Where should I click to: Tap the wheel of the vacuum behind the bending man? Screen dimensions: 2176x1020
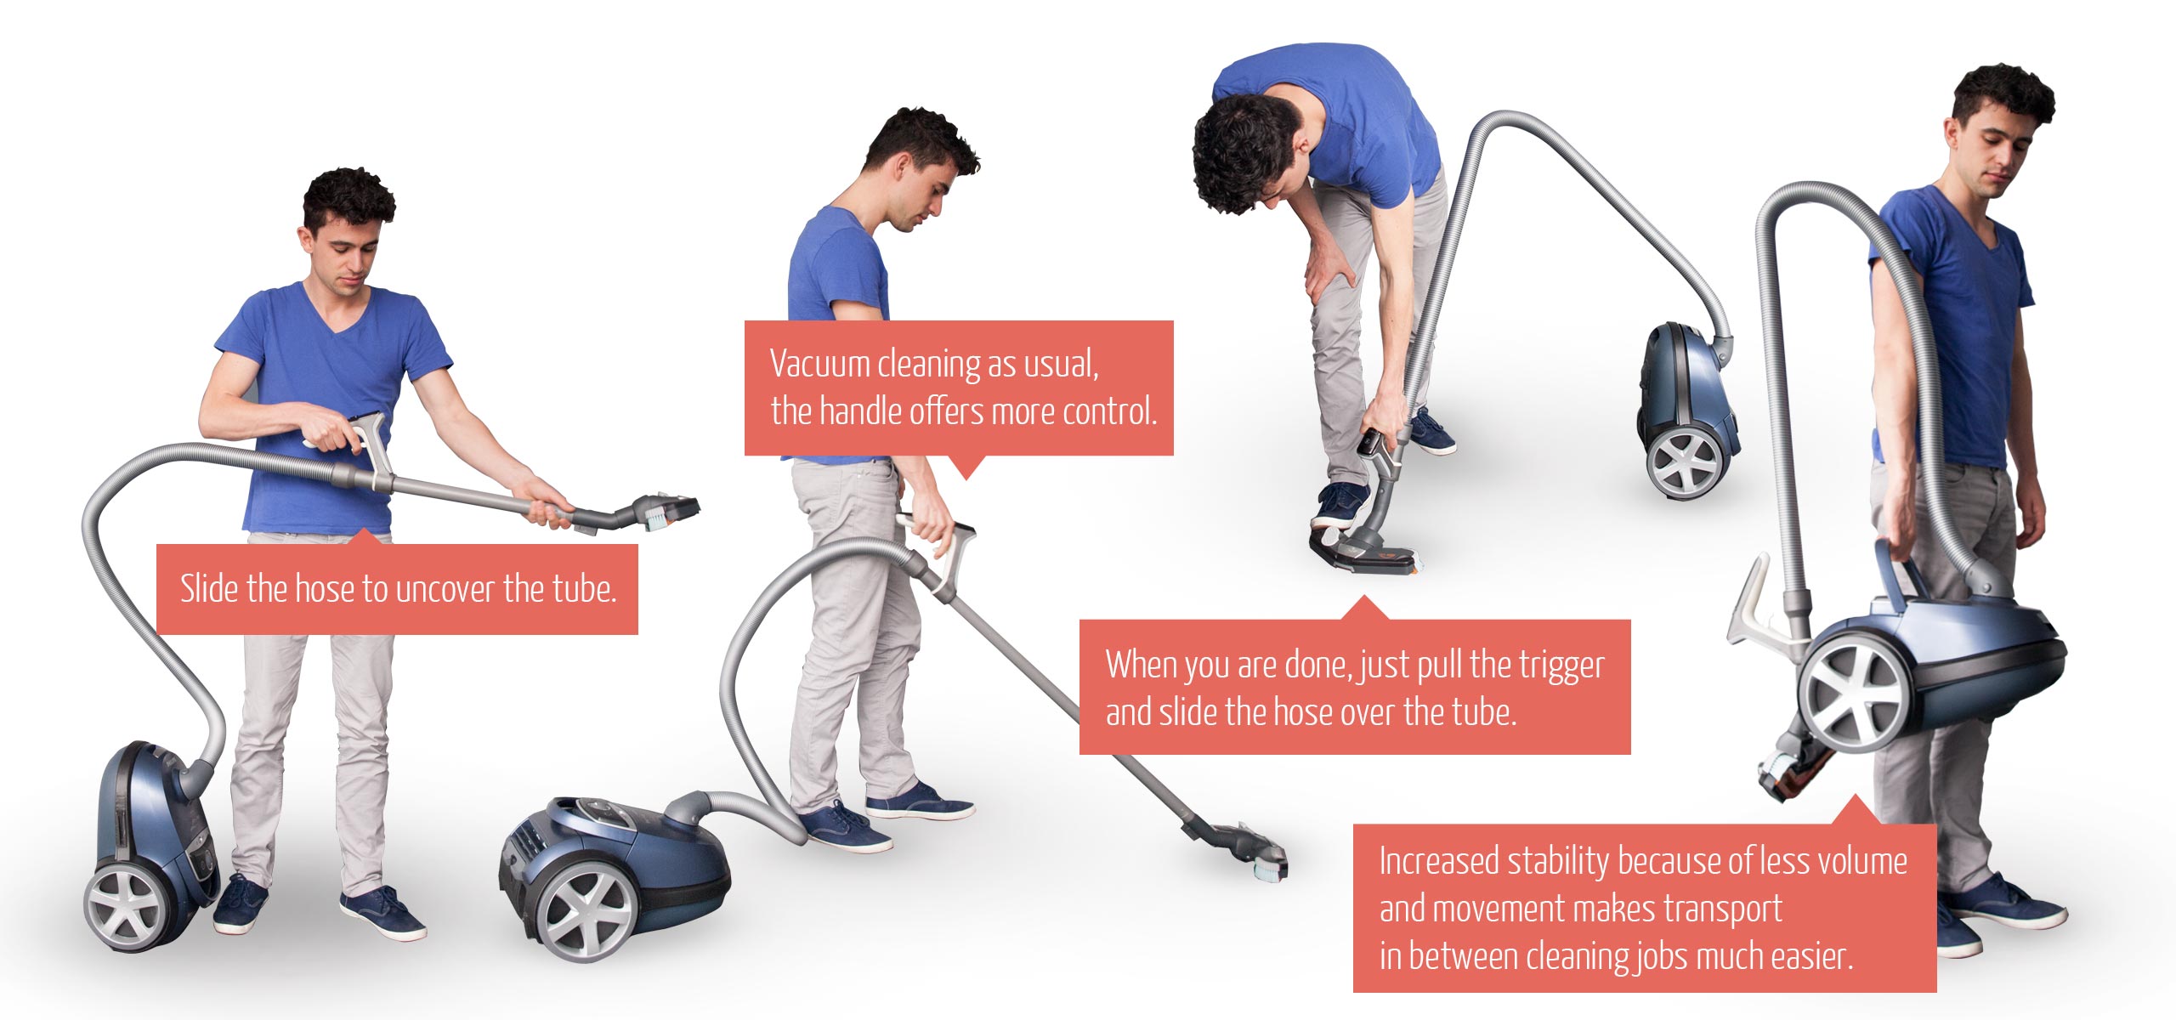[x=1685, y=462]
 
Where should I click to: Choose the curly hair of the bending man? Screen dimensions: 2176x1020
[x=1243, y=153]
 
